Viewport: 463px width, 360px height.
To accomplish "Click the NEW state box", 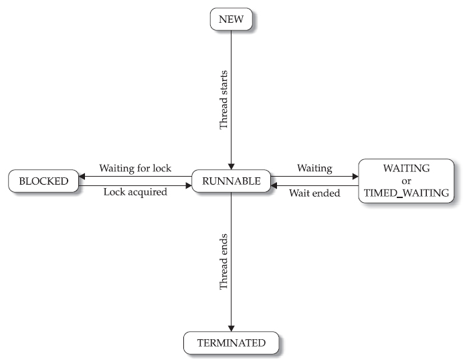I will pyautogui.click(x=231, y=19).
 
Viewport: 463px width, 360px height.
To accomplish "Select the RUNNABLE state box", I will pyautogui.click(x=231, y=180).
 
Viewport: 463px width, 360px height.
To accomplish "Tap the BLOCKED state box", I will pyautogui.click(x=43, y=180).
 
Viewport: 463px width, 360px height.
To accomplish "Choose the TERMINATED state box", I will pyautogui.click(x=231, y=343).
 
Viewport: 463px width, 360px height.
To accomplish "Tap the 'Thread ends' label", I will pyautogui.click(x=223, y=262).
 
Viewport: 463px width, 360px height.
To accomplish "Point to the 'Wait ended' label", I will pyautogui.click(x=314, y=193).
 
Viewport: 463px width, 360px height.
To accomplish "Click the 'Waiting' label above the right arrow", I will pyautogui.click(x=314, y=168).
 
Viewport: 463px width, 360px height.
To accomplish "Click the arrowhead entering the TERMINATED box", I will pyautogui.click(x=231, y=328).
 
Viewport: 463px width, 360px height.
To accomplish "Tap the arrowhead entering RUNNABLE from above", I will pyautogui.click(x=231, y=167).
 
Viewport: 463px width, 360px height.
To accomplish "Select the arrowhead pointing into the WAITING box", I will pyautogui.click(x=355, y=176).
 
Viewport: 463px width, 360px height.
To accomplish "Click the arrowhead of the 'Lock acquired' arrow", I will pyautogui.click(x=188, y=184).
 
